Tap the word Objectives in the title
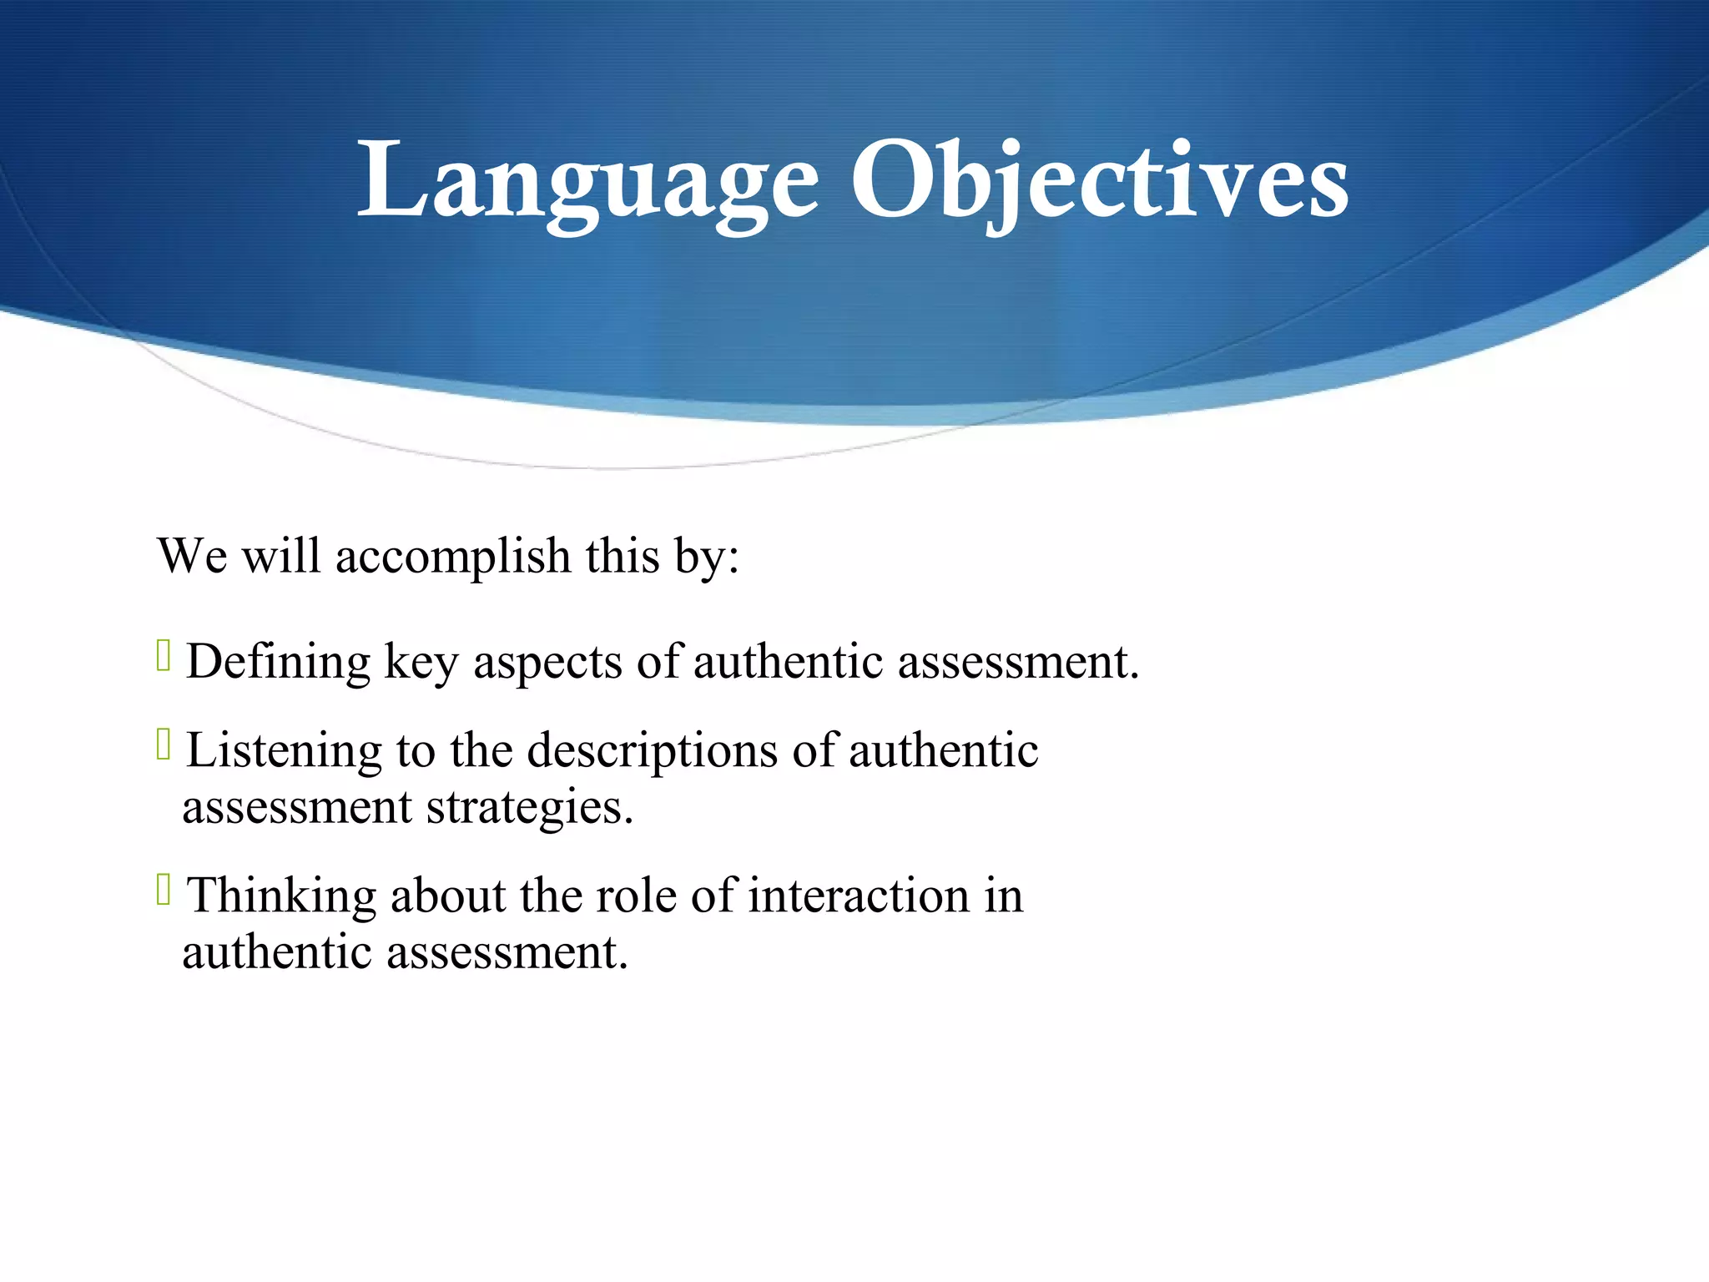pyautogui.click(x=1098, y=182)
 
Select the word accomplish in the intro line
pyautogui.click(x=453, y=557)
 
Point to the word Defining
pyautogui.click(x=278, y=663)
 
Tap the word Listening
pyautogui.click(x=284, y=751)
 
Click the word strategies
pyautogui.click(x=530, y=809)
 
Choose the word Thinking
pyautogui.click(x=281, y=896)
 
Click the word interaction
pyautogui.click(x=859, y=896)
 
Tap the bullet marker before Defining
pyautogui.click(x=164, y=656)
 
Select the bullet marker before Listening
pyautogui.click(x=164, y=744)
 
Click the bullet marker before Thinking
pyautogui.click(x=164, y=890)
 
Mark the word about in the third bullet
pyautogui.click(x=448, y=896)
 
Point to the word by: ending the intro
pyautogui.click(x=708, y=557)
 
